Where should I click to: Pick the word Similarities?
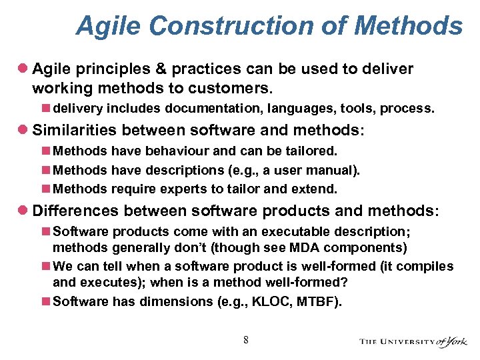click(x=73, y=130)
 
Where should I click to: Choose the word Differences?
click(x=75, y=211)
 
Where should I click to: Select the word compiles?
click(x=430, y=266)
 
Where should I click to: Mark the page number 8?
click(x=246, y=340)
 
